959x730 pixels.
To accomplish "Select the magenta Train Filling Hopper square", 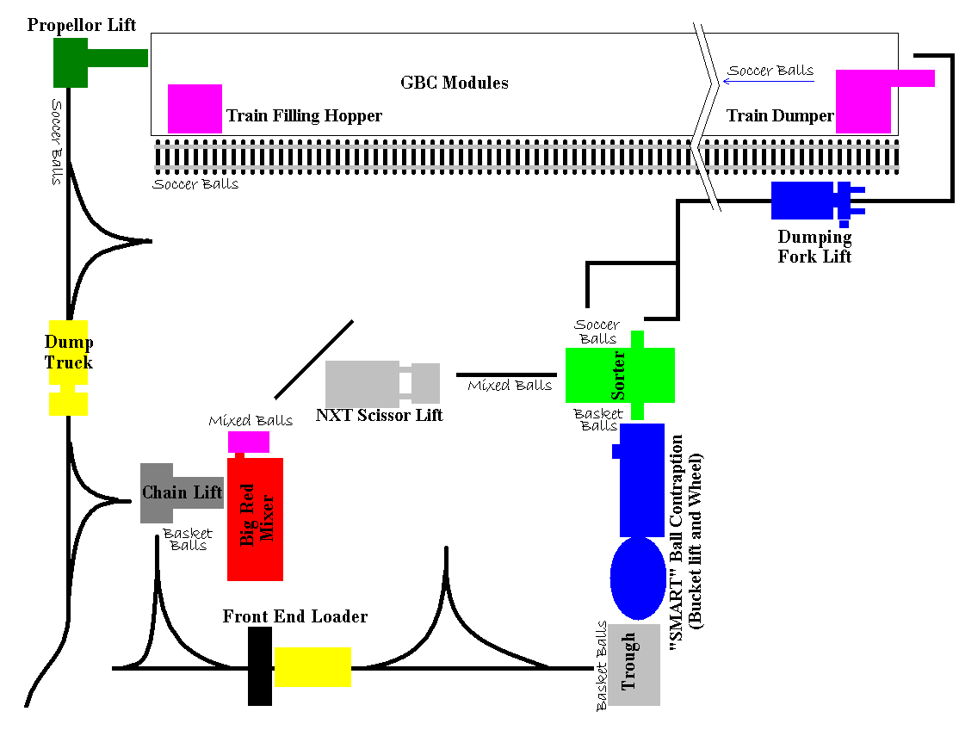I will click(195, 108).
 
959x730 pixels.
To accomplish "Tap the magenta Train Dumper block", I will click(863, 102).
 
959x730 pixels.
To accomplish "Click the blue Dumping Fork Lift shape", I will click(802, 201).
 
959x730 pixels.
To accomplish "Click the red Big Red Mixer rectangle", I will click(255, 519).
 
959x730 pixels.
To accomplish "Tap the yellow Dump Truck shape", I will click(68, 366).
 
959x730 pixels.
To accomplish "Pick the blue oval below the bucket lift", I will click(638, 578).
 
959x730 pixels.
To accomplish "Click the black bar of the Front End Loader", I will click(260, 666).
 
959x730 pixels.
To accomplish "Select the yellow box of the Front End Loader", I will click(312, 666).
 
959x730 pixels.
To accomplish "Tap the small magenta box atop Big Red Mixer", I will click(249, 442).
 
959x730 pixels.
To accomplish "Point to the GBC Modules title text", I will click(455, 84).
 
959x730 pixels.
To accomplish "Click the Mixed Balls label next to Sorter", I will click(510, 386).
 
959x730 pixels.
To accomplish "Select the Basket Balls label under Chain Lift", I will click(188, 539).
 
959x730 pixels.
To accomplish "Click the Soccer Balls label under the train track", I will click(195, 183).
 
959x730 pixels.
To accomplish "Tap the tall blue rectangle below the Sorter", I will click(642, 479).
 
